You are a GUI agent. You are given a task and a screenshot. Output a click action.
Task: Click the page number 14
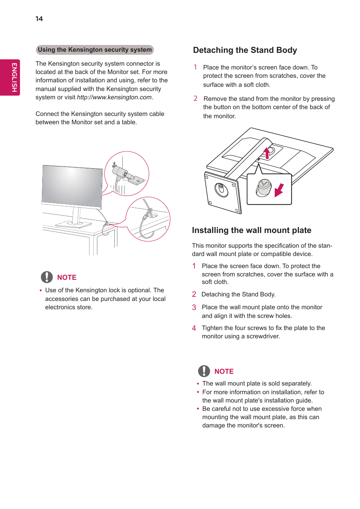point(39,19)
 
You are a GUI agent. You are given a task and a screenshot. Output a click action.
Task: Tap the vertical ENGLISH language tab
point(14,77)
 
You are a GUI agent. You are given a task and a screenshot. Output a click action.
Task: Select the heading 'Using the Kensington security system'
point(95,50)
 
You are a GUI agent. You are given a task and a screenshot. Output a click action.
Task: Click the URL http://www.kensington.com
point(114,97)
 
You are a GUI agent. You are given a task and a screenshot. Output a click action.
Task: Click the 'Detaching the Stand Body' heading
point(245,50)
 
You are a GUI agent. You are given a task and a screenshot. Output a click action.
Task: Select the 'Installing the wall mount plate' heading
point(251,230)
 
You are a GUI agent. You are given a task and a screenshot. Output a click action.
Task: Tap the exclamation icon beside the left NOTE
point(47,277)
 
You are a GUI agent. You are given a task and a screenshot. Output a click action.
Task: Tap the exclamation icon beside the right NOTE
point(204,371)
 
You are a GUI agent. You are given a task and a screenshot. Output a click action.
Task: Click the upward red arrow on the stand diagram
point(267,153)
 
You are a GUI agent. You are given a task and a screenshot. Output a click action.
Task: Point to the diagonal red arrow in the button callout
point(279,190)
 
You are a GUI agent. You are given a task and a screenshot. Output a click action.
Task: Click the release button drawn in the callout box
point(264,187)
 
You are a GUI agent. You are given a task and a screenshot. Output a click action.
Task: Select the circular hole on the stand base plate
point(222,190)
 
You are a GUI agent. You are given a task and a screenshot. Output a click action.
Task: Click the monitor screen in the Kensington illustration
point(72,185)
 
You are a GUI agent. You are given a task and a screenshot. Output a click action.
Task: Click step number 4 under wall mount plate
point(194,328)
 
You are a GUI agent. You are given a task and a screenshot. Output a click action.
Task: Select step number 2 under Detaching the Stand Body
point(195,99)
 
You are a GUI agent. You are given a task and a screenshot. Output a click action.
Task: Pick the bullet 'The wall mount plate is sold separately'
point(257,384)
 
